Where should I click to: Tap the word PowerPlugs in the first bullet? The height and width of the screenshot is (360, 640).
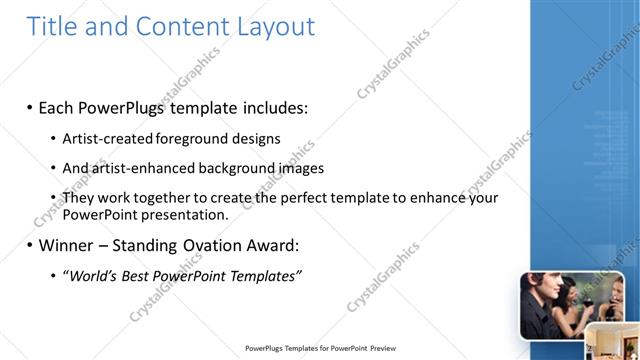[125, 106]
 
